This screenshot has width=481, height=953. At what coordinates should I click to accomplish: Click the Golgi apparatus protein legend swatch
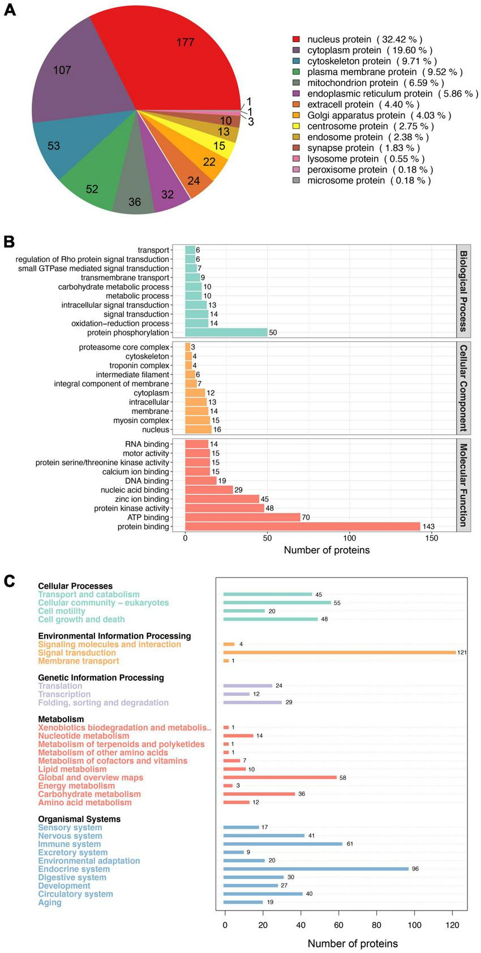click(296, 115)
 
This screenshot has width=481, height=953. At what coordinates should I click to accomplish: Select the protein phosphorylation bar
click(226, 333)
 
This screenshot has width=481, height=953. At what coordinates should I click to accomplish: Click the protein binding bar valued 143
click(303, 527)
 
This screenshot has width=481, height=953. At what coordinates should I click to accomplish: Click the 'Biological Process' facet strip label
click(463, 291)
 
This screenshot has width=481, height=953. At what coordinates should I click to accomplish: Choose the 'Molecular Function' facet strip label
click(463, 485)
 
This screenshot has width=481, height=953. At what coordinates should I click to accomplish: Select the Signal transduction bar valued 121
click(340, 653)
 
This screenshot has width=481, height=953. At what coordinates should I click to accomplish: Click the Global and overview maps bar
click(280, 778)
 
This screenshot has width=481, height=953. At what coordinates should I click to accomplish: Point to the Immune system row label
click(70, 844)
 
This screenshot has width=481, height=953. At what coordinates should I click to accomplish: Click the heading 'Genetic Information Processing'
click(101, 678)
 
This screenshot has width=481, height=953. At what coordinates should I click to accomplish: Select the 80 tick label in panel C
click(377, 925)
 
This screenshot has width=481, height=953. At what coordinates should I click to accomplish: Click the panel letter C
click(9, 580)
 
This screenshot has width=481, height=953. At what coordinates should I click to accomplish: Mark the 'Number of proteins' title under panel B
click(327, 550)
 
